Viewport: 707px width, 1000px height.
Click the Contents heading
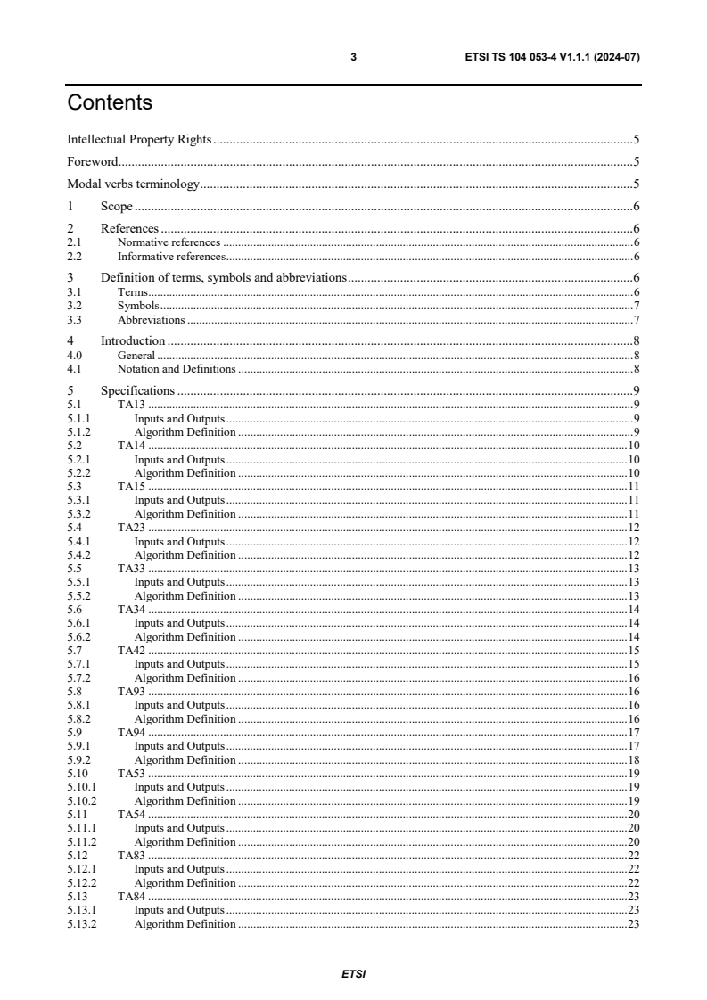110,102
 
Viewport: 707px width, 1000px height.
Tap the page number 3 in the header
353,57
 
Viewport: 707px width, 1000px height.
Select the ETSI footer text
353,974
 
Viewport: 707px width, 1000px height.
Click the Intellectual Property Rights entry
139,140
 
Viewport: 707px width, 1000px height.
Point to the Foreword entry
93,162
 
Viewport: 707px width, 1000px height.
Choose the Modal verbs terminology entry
133,184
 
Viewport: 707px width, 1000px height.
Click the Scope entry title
116,207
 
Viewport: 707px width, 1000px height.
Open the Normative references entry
169,242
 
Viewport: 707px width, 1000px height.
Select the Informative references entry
170,256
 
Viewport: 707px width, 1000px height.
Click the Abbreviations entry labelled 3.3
151,319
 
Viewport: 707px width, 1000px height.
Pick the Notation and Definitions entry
177,368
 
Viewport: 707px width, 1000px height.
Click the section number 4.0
75,355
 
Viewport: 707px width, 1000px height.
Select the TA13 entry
131,405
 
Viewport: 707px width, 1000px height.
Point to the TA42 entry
131,651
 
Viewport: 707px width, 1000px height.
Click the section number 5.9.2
78,760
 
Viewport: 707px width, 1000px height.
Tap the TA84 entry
131,897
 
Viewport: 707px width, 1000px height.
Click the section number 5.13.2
81,924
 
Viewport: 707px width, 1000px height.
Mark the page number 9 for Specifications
636,390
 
